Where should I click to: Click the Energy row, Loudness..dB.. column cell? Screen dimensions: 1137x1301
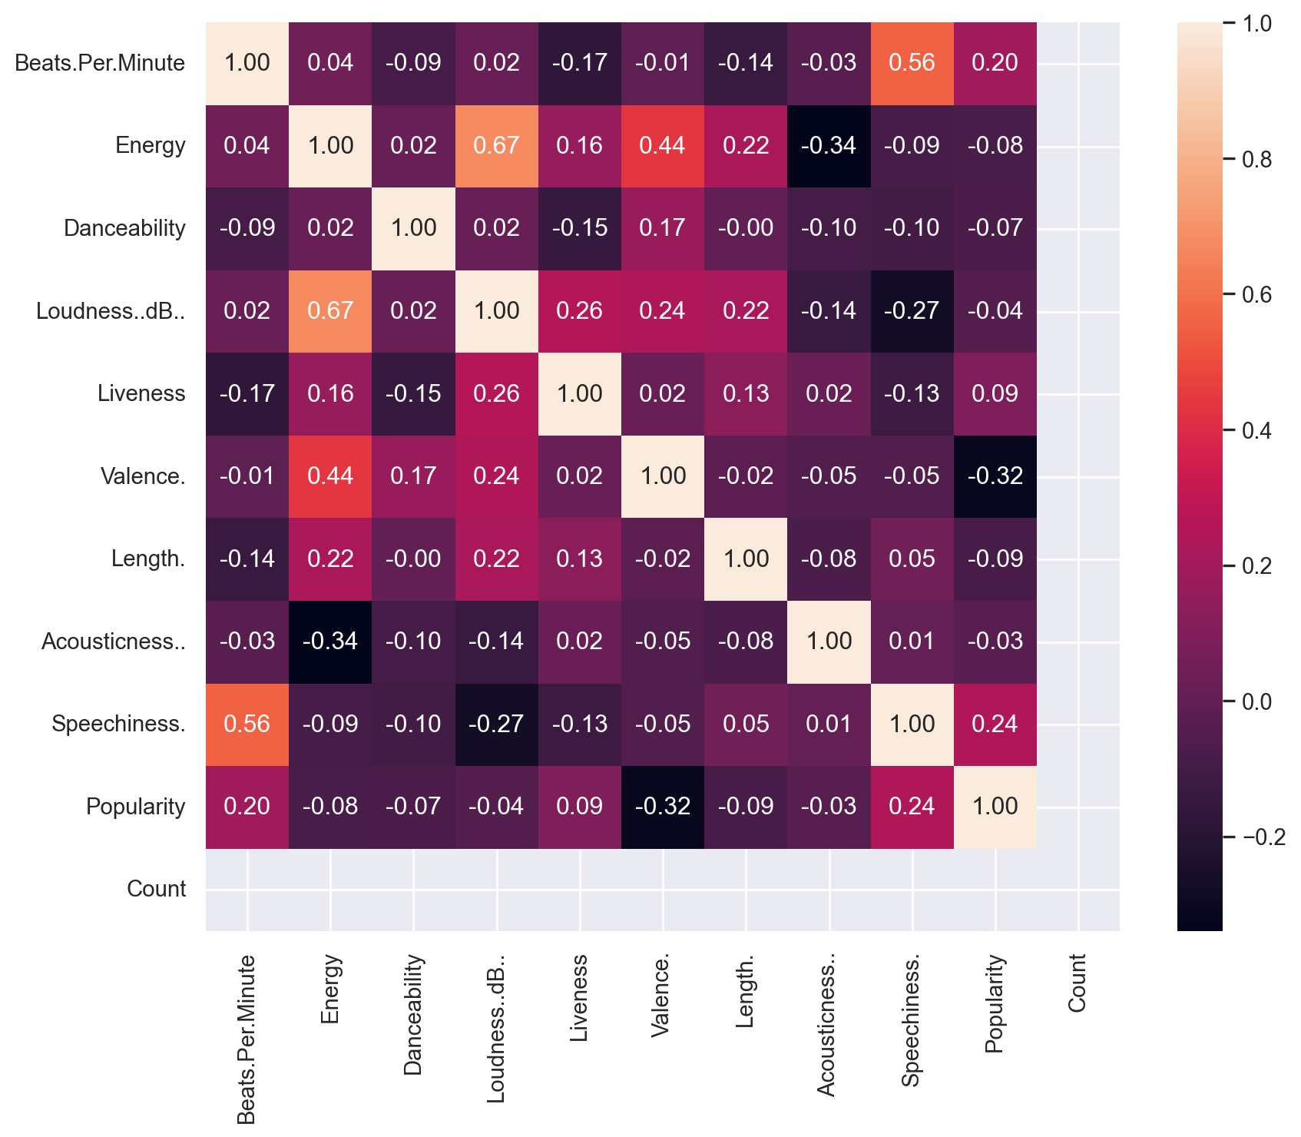coord(497,145)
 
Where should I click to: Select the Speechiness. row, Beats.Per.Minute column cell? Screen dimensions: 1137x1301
coord(247,724)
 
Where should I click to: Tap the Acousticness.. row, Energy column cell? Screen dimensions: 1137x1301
coord(330,641)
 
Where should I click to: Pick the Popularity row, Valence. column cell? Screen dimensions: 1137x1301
coord(663,807)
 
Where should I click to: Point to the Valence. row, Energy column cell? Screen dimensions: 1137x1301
coord(330,476)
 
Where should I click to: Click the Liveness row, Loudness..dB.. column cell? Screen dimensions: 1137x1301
coord(497,393)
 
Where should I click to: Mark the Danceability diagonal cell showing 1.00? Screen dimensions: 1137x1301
coord(414,228)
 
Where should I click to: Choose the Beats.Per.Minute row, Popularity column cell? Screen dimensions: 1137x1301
coord(995,63)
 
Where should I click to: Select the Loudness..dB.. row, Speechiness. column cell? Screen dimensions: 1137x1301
coord(912,310)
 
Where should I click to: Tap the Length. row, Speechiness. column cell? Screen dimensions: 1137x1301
coord(912,559)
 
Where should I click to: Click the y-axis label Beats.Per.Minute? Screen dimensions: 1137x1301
coord(100,63)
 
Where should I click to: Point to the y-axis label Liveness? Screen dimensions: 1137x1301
coord(141,393)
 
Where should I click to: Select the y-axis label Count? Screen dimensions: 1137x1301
coord(157,889)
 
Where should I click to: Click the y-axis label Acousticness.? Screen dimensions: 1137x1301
coord(114,641)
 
